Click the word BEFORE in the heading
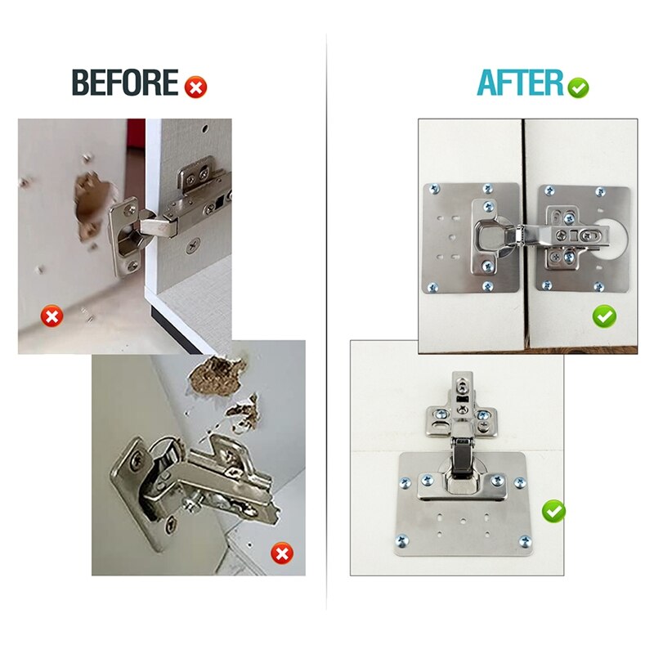click(125, 83)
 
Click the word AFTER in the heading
click(521, 83)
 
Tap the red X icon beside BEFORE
click(196, 85)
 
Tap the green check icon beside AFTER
click(579, 87)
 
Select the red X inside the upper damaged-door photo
click(53, 316)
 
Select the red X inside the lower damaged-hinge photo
click(282, 554)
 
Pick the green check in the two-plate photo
click(605, 316)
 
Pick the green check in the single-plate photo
click(554, 512)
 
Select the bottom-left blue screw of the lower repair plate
click(401, 540)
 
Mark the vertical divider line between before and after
click(327, 327)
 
